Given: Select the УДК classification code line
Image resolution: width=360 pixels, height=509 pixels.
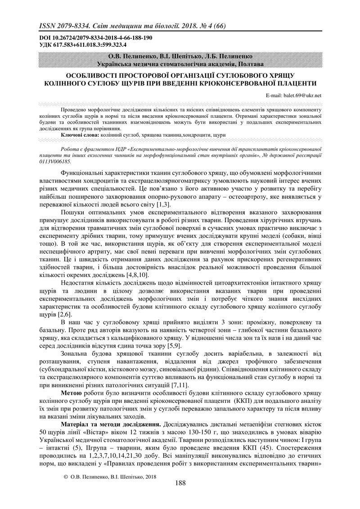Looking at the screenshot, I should click(x=83, y=45).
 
